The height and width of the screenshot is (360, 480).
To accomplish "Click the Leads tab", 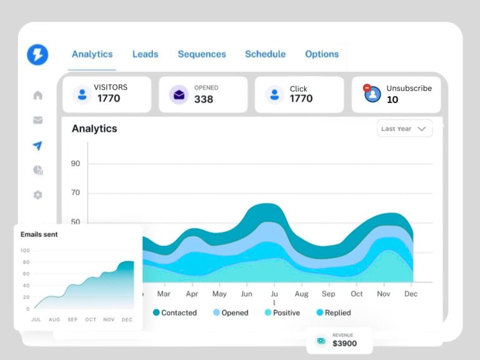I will [x=145, y=54].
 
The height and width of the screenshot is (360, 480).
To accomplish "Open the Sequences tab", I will [x=202, y=54].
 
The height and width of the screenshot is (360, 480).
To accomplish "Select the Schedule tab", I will [x=265, y=54].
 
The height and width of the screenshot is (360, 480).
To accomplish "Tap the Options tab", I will [x=322, y=54].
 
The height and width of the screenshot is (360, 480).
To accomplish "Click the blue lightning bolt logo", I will [x=37, y=54].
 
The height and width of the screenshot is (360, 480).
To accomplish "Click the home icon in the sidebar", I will [x=38, y=95].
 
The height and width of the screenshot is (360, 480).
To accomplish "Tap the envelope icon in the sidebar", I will [x=38, y=120].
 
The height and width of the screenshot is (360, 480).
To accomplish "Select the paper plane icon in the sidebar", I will [x=38, y=146].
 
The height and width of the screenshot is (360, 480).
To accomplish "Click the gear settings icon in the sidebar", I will [x=38, y=195].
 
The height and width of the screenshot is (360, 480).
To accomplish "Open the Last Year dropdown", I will [x=404, y=129].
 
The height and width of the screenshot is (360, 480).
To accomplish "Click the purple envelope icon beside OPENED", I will [x=179, y=94].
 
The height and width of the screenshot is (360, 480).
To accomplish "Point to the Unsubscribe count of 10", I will [x=392, y=99].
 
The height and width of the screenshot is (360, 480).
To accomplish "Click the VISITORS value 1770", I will [x=109, y=98].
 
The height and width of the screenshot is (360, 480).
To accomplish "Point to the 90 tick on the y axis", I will [x=76, y=164].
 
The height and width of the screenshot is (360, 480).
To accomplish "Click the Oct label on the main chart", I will [x=357, y=294].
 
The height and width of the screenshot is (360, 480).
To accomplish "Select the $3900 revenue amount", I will [x=345, y=344].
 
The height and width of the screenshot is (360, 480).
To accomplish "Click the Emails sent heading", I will [x=39, y=234].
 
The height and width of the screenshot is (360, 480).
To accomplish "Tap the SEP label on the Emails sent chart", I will [x=72, y=319].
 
